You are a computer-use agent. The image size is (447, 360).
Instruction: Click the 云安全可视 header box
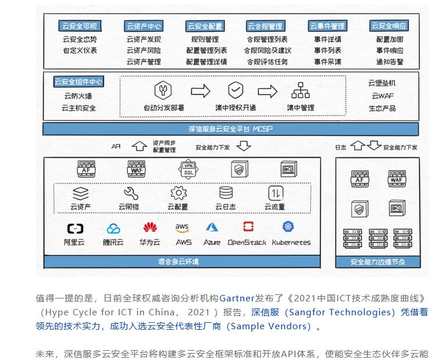point(80,26)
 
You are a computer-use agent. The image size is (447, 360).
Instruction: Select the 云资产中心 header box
point(143,26)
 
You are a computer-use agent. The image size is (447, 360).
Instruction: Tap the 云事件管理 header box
point(327,26)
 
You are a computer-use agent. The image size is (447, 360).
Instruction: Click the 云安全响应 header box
point(388,26)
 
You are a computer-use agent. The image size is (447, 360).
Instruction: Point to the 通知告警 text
point(389,62)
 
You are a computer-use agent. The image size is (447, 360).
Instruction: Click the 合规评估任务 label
point(267,62)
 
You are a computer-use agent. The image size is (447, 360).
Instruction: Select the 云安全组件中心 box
point(79,82)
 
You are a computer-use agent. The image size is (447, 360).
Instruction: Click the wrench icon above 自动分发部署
point(163,91)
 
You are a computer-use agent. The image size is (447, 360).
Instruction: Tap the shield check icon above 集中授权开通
point(235,91)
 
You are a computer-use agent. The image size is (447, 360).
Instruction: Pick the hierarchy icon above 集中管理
point(301,91)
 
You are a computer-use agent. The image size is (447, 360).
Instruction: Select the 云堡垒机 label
point(382,83)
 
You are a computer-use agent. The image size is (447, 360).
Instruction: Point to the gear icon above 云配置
point(178,193)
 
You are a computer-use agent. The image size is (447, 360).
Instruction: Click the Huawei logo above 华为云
point(150,228)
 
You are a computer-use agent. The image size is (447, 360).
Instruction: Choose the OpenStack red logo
point(248,227)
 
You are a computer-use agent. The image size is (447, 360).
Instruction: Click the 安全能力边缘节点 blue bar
point(378,262)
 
